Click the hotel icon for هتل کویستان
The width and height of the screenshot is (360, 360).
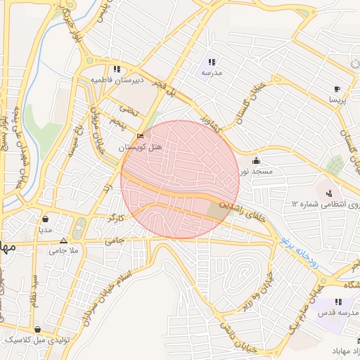(140, 136)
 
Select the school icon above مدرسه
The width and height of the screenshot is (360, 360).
(212, 62)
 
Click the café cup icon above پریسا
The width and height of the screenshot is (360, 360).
(337, 89)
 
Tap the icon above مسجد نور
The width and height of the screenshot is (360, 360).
(256, 160)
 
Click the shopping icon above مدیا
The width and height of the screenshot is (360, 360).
(46, 219)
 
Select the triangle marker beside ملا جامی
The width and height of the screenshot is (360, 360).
(64, 240)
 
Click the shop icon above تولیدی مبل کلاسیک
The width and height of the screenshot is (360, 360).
(37, 329)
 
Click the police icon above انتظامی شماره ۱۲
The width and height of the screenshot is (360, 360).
(328, 193)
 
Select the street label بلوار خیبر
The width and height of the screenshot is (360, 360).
(70, 28)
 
